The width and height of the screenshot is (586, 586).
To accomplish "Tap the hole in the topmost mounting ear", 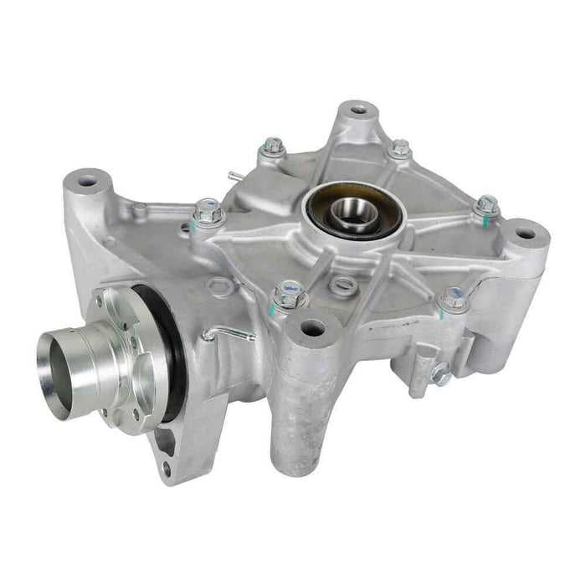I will (x=358, y=109).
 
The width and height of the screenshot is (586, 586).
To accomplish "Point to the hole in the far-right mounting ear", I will (x=527, y=234).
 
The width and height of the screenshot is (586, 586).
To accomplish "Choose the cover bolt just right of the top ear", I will (x=401, y=148).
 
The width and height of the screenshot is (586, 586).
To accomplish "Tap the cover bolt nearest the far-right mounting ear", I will (x=486, y=204).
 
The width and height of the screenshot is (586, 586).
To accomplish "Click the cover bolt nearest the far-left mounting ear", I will (x=207, y=210).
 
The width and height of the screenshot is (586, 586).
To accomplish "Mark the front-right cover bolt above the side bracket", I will (x=454, y=297).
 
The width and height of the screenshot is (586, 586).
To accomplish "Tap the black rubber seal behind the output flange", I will (x=172, y=352).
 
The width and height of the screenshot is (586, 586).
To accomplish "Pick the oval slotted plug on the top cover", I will (x=342, y=285).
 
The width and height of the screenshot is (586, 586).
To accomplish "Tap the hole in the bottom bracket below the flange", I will (x=166, y=469).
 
